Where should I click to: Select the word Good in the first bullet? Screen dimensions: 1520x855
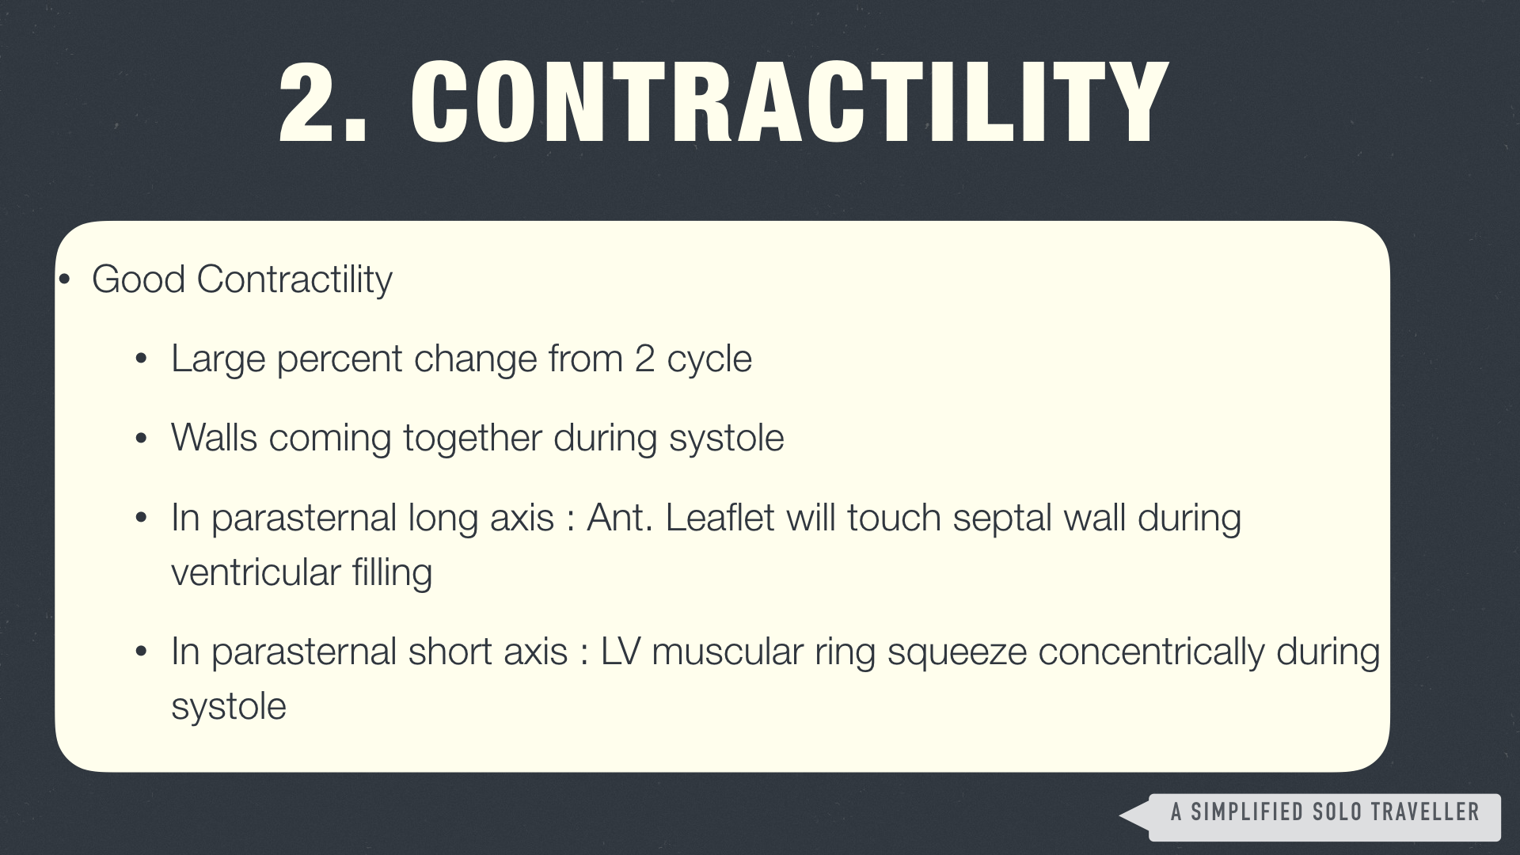[139, 279]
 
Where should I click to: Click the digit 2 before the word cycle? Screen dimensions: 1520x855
[644, 359]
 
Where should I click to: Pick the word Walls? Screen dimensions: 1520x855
[214, 438]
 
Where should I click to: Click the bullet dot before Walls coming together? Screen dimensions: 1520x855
[142, 439]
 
